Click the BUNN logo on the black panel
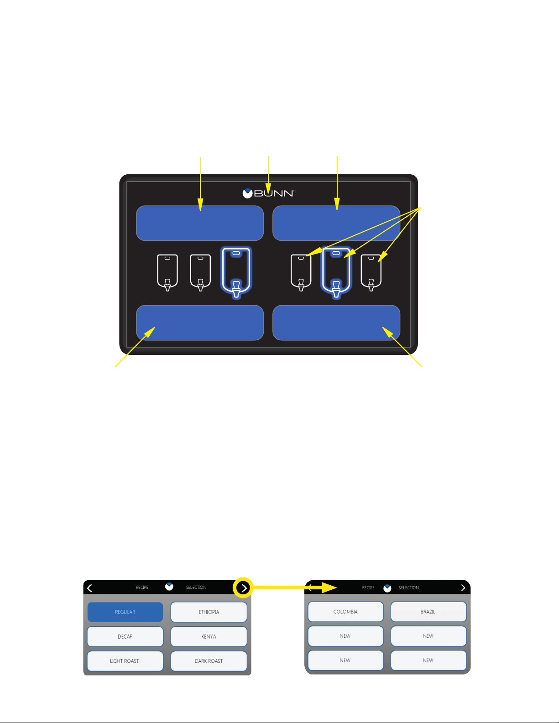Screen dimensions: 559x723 268,193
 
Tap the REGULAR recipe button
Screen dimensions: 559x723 125,612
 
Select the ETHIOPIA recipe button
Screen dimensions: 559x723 209,612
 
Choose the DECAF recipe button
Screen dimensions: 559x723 125,636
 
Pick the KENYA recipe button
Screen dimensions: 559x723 209,636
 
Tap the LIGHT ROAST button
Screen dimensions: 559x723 125,661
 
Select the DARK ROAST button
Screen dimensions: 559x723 209,661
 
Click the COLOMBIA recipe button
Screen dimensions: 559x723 346,612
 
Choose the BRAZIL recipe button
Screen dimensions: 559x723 428,612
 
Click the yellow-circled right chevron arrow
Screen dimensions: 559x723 244,588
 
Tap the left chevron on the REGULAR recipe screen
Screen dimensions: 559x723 89,588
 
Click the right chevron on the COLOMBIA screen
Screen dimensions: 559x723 463,588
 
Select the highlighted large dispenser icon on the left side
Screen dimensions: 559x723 236,272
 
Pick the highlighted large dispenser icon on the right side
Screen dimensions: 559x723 336,272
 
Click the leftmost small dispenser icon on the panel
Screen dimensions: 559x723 167,272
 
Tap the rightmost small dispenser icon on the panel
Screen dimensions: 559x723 371,272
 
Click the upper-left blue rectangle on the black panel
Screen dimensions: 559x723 200,223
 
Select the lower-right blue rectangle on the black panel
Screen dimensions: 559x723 336,322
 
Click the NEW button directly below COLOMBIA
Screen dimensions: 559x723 346,636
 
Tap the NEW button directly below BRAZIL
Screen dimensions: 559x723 428,636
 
